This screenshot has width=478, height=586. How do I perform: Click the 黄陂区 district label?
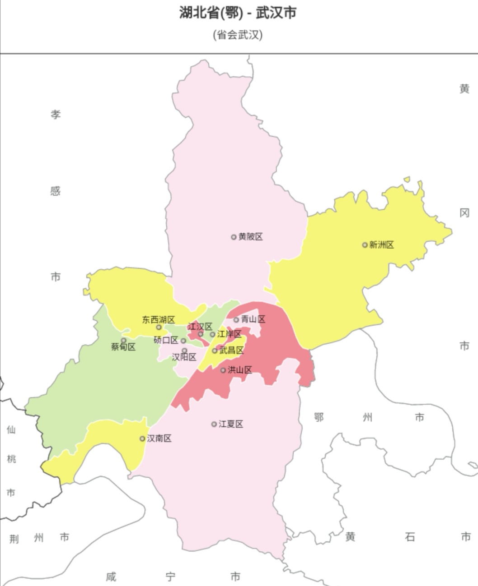click(x=251, y=237)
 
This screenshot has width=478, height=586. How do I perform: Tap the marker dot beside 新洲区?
click(x=365, y=245)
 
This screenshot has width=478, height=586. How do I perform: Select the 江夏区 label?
click(x=231, y=424)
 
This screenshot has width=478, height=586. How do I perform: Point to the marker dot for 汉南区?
click(x=142, y=438)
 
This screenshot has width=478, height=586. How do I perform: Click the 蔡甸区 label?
click(x=123, y=347)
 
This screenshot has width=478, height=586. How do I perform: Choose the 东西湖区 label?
click(x=158, y=320)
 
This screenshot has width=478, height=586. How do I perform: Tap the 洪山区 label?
click(x=239, y=370)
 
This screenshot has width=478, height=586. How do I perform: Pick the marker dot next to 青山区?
click(x=236, y=320)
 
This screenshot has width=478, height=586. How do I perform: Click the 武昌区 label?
click(x=231, y=351)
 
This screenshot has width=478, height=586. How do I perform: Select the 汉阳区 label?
click(x=184, y=357)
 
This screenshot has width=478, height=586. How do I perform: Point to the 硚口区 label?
click(x=166, y=340)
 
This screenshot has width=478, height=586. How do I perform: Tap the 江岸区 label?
click(x=229, y=334)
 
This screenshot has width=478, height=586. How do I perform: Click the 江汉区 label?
click(x=200, y=327)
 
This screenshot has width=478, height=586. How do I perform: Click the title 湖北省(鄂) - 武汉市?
click(x=238, y=13)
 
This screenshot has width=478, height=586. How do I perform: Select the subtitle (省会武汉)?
click(x=238, y=35)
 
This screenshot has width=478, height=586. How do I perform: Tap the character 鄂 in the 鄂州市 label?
click(x=319, y=417)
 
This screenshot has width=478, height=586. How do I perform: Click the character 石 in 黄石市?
click(x=410, y=537)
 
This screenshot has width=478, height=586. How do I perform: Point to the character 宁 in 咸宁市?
click(x=170, y=577)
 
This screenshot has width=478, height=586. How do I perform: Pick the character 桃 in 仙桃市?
click(x=11, y=459)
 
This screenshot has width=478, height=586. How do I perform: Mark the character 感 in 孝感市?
click(x=55, y=191)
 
